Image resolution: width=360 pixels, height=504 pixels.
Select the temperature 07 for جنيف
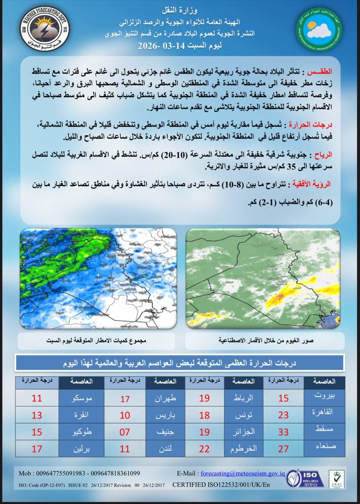pos(125,432)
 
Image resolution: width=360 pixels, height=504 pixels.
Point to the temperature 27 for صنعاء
pos(284,448)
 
